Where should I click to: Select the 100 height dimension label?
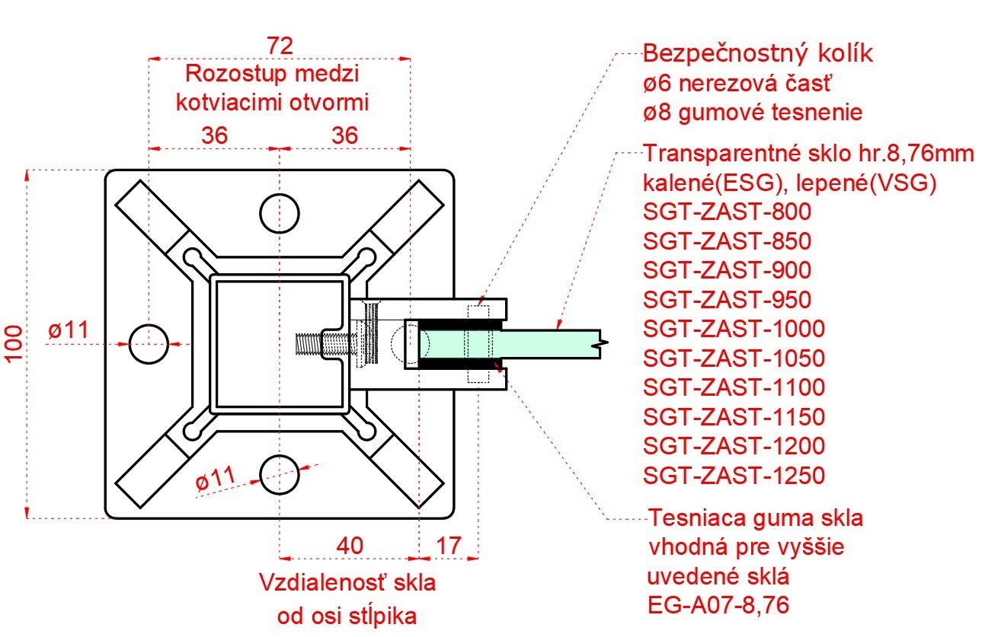[x=13, y=344]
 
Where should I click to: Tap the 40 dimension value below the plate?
[x=350, y=545]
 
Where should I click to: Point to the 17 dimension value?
[x=449, y=545]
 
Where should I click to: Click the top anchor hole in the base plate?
[x=280, y=212]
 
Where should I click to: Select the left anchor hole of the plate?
[x=148, y=344]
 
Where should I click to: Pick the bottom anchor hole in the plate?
[x=280, y=476]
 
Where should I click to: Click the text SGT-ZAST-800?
[x=727, y=212]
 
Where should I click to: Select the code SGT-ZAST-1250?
[x=734, y=476]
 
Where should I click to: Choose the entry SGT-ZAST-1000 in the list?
[x=734, y=329]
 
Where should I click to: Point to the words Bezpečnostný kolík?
[x=758, y=55]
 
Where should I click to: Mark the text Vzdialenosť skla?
[x=347, y=584]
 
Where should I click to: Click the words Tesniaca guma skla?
[x=756, y=519]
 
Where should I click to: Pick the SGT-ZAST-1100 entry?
[x=734, y=387]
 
